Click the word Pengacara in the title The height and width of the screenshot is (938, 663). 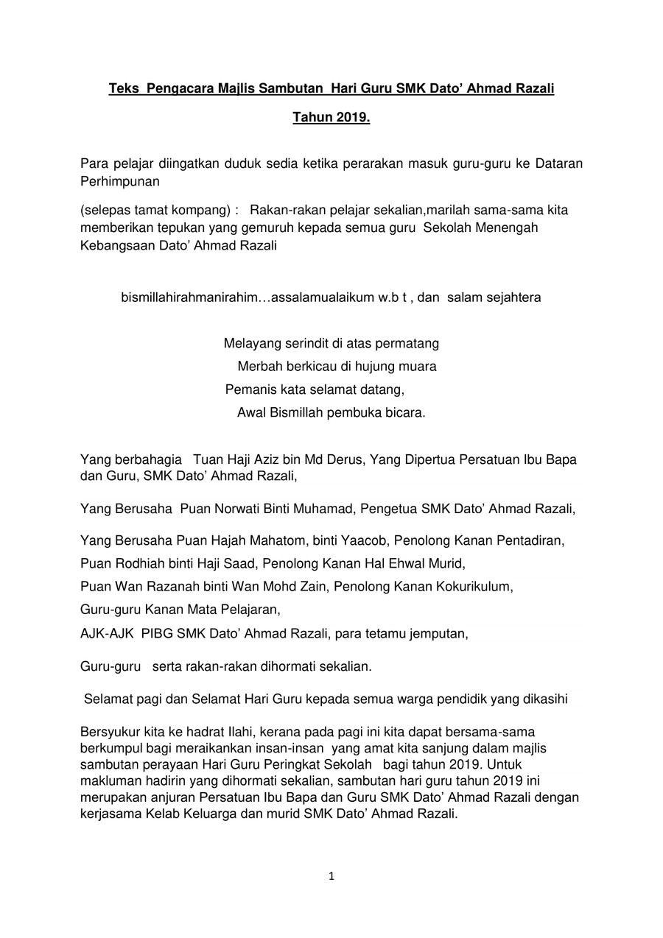point(179,88)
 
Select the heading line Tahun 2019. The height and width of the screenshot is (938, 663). point(331,117)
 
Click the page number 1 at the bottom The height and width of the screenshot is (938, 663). point(331,876)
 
